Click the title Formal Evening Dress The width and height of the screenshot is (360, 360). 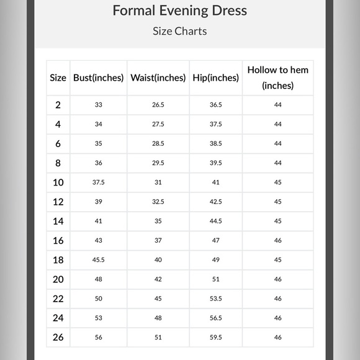[x=179, y=11]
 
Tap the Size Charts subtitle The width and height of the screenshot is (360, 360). [x=179, y=31]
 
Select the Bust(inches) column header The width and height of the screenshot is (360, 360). [x=99, y=78]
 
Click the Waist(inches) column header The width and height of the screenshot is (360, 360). [x=158, y=78]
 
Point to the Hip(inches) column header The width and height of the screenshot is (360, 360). [x=215, y=78]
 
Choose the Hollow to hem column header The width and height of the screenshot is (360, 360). [x=277, y=78]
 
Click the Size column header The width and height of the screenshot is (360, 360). [x=58, y=78]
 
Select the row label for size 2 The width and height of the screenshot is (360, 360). [x=58, y=105]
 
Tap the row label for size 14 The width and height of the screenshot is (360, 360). [x=58, y=221]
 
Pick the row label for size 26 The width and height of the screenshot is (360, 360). [x=58, y=337]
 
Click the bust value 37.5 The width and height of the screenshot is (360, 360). [x=99, y=182]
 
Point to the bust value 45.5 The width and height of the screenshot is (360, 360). [x=99, y=259]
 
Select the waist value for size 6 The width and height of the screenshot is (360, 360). [x=158, y=143]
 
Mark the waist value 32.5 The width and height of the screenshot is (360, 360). [x=158, y=202]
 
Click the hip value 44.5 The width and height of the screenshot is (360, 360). [x=215, y=221]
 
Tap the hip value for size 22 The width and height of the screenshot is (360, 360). [x=215, y=299]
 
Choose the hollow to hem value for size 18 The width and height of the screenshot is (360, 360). [x=277, y=259]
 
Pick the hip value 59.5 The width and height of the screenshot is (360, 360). [x=215, y=337]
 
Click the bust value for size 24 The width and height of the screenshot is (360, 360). [x=99, y=318]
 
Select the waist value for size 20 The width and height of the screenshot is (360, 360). [x=158, y=279]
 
